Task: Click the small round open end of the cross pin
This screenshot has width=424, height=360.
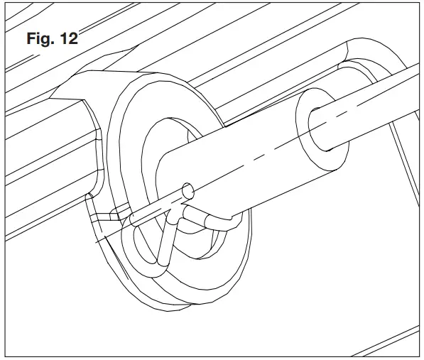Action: click(x=188, y=190)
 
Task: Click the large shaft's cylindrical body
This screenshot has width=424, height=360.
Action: click(x=241, y=170)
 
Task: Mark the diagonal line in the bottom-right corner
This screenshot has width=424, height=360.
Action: click(x=384, y=341)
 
